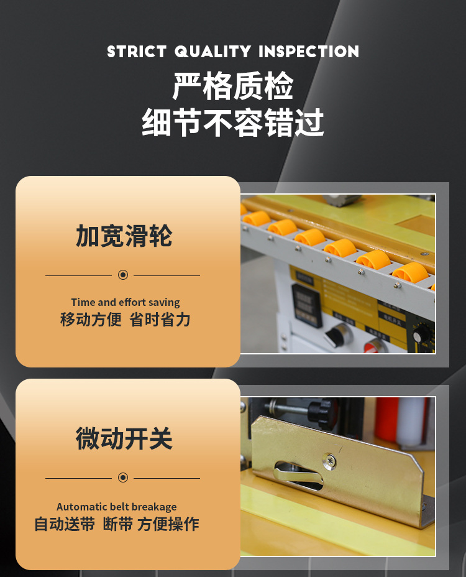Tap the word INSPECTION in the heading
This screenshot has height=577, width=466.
(x=309, y=52)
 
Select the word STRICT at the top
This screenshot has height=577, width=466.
(x=137, y=52)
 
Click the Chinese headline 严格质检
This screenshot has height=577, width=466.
(x=233, y=87)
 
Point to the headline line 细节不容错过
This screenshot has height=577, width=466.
(x=233, y=122)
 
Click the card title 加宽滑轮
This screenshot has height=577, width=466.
(x=124, y=236)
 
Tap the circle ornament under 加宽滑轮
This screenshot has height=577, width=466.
(x=122, y=275)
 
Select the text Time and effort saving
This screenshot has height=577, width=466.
(x=125, y=302)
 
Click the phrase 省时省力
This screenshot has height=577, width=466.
(x=160, y=320)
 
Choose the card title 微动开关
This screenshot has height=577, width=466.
(x=124, y=439)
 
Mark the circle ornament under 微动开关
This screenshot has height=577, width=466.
(x=122, y=478)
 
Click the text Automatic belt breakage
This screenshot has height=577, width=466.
(x=116, y=507)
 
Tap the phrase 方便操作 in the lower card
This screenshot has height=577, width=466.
(x=168, y=524)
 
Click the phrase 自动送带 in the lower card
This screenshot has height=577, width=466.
(x=65, y=524)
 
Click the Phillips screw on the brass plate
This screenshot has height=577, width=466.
(x=330, y=461)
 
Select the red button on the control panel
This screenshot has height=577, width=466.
(x=377, y=346)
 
